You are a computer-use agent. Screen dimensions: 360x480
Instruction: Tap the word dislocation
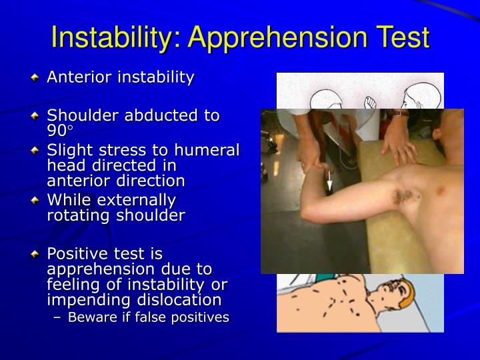click(x=181, y=299)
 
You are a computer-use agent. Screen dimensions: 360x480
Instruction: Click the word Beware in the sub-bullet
click(x=91, y=317)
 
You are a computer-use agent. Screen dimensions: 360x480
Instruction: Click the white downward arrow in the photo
click(x=329, y=179)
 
